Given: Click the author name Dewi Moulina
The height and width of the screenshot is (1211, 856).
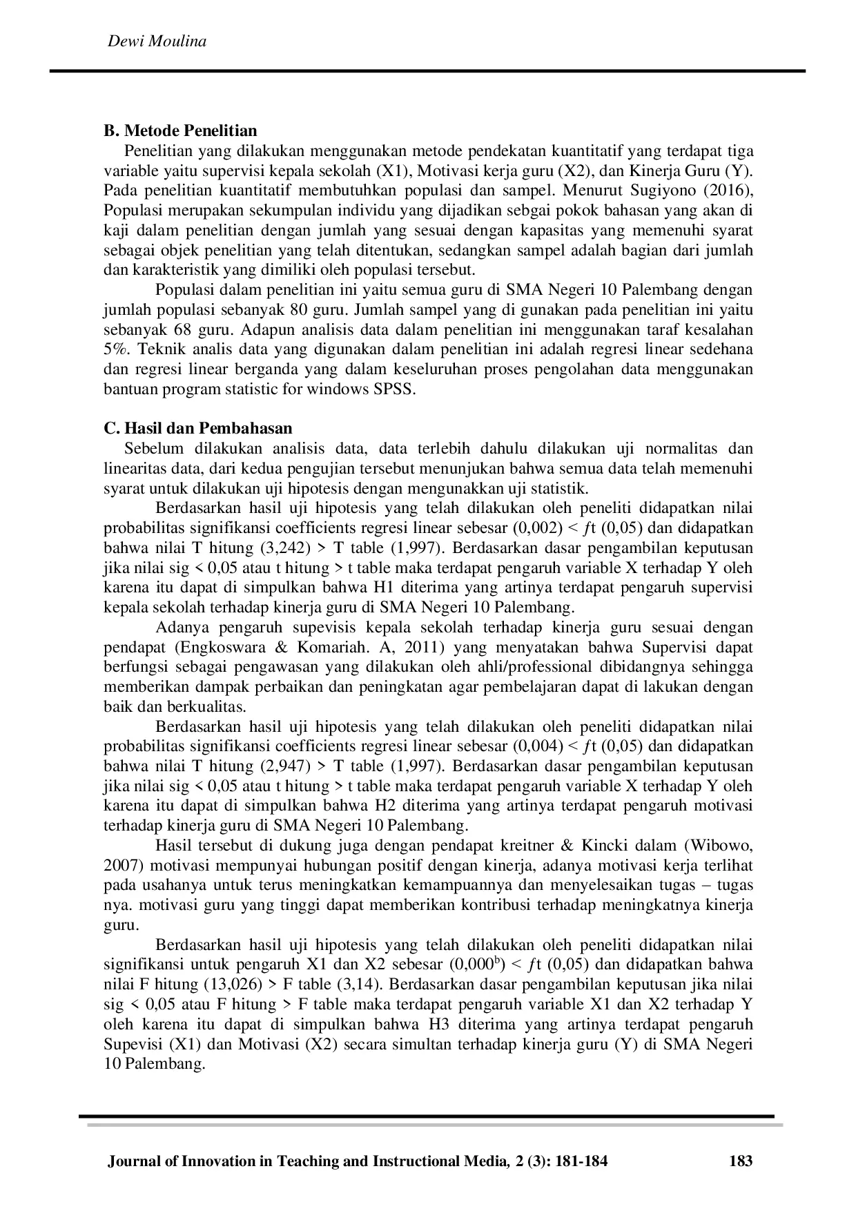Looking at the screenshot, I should (157, 41).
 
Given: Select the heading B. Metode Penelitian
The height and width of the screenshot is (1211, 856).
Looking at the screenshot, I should (180, 131).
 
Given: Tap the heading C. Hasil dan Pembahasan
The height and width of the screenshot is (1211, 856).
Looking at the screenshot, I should (198, 429).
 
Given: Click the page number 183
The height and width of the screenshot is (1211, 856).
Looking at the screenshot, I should (740, 1161).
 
